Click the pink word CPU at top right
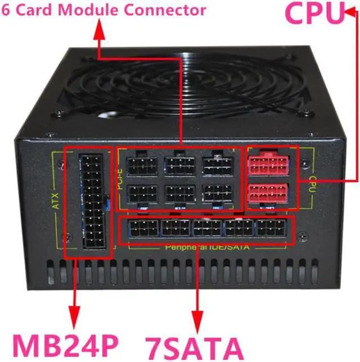316,13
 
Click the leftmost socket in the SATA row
144,229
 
